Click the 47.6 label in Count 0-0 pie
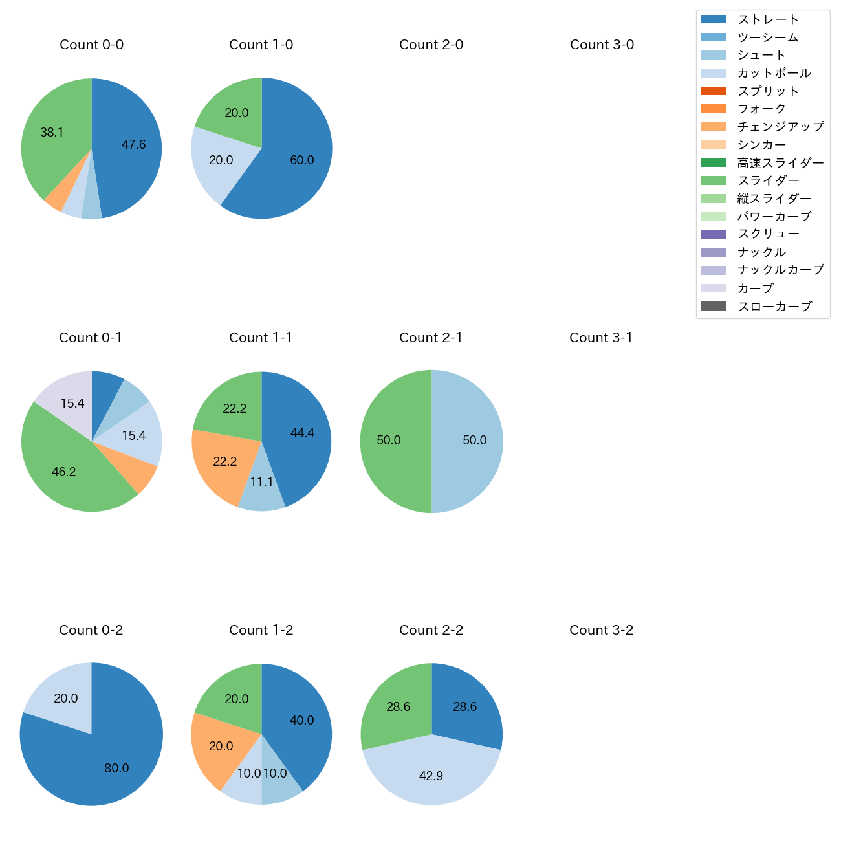pos(134,145)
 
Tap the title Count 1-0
pos(261,45)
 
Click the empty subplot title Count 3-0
pos(602,45)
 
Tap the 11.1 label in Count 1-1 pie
pos(262,483)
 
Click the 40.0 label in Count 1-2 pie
pos(302,721)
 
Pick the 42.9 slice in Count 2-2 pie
pos(431,776)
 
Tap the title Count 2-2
pos(431,630)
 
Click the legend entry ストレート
pos(769,19)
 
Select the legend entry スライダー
pos(769,180)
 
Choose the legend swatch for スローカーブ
pos(714,306)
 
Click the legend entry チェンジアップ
pos(780,127)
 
